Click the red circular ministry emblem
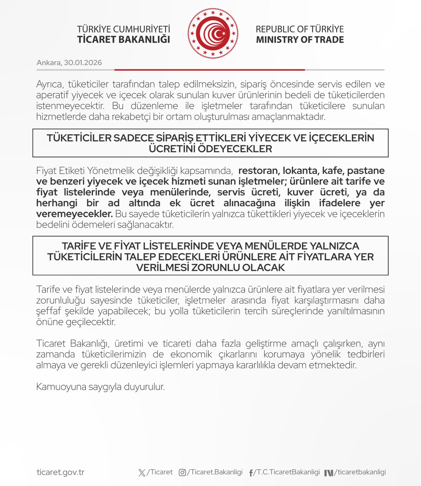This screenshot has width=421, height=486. pyautogui.click(x=213, y=33)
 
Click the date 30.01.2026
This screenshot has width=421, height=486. pyautogui.click(x=83, y=63)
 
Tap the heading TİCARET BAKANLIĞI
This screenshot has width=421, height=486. pyautogui.click(x=123, y=39)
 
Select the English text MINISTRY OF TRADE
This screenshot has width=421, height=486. pyautogui.click(x=300, y=39)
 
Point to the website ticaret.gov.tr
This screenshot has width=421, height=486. pyautogui.click(x=61, y=472)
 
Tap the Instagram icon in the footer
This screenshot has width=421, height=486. pyautogui.click(x=182, y=473)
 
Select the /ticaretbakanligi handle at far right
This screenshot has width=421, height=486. pyautogui.click(x=360, y=472)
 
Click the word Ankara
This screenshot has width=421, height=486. pyautogui.click(x=49, y=63)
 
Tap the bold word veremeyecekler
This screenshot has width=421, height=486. pyautogui.click(x=74, y=214)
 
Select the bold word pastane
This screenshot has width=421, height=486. pyautogui.click(x=366, y=171)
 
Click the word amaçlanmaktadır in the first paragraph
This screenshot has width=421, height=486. pyautogui.click(x=288, y=117)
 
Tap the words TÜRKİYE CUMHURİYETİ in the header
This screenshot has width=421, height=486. pyautogui.click(x=123, y=29)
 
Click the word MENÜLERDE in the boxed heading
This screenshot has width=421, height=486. pyautogui.click(x=276, y=246)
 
